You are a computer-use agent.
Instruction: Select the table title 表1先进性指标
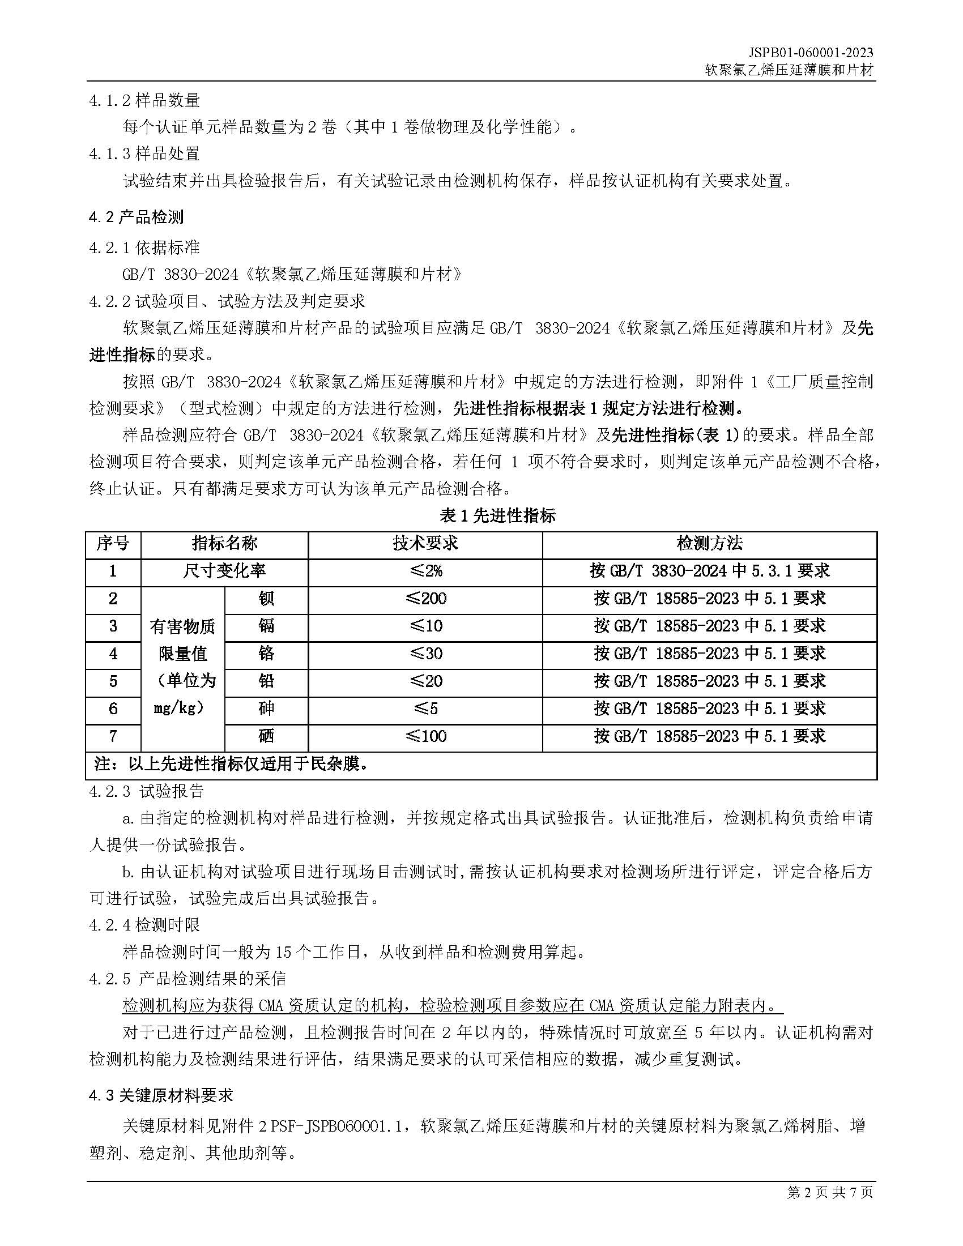497,517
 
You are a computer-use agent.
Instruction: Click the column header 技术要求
425,544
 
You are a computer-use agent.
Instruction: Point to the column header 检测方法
709,544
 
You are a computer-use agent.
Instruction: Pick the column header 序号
113,544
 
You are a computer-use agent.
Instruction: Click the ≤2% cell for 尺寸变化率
425,571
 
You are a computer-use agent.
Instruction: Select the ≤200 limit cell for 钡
425,599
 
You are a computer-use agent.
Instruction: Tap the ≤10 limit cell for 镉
425,626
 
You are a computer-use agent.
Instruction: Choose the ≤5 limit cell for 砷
425,709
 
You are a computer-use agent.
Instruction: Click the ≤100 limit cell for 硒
425,736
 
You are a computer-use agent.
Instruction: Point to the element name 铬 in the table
266,653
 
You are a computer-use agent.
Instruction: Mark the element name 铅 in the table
266,681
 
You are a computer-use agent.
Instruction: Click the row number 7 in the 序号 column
113,736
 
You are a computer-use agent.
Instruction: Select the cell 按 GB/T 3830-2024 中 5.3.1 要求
709,571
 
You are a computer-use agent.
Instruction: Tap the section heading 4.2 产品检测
137,217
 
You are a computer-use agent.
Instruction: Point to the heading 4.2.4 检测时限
145,925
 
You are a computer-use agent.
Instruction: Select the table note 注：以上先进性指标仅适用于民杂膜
232,764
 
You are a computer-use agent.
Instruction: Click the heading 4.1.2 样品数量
145,100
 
